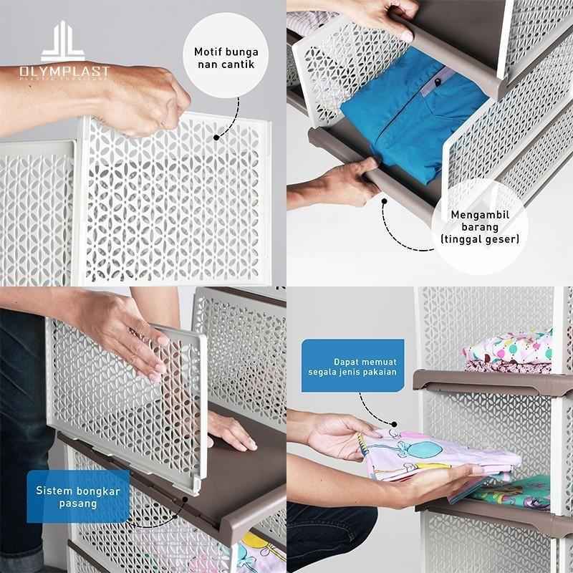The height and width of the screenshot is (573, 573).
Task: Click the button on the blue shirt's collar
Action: [435, 87]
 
